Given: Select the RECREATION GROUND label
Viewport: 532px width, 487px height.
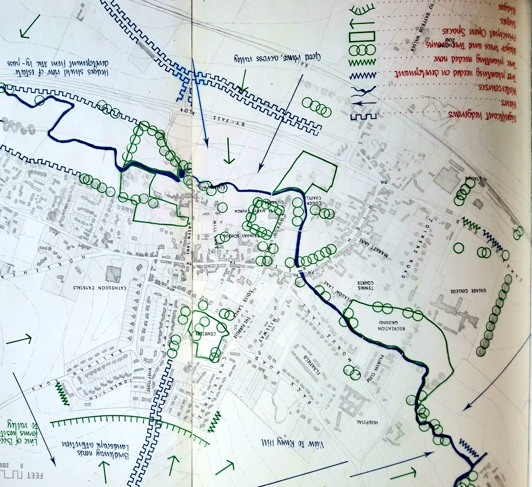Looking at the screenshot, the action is click(392, 325).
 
